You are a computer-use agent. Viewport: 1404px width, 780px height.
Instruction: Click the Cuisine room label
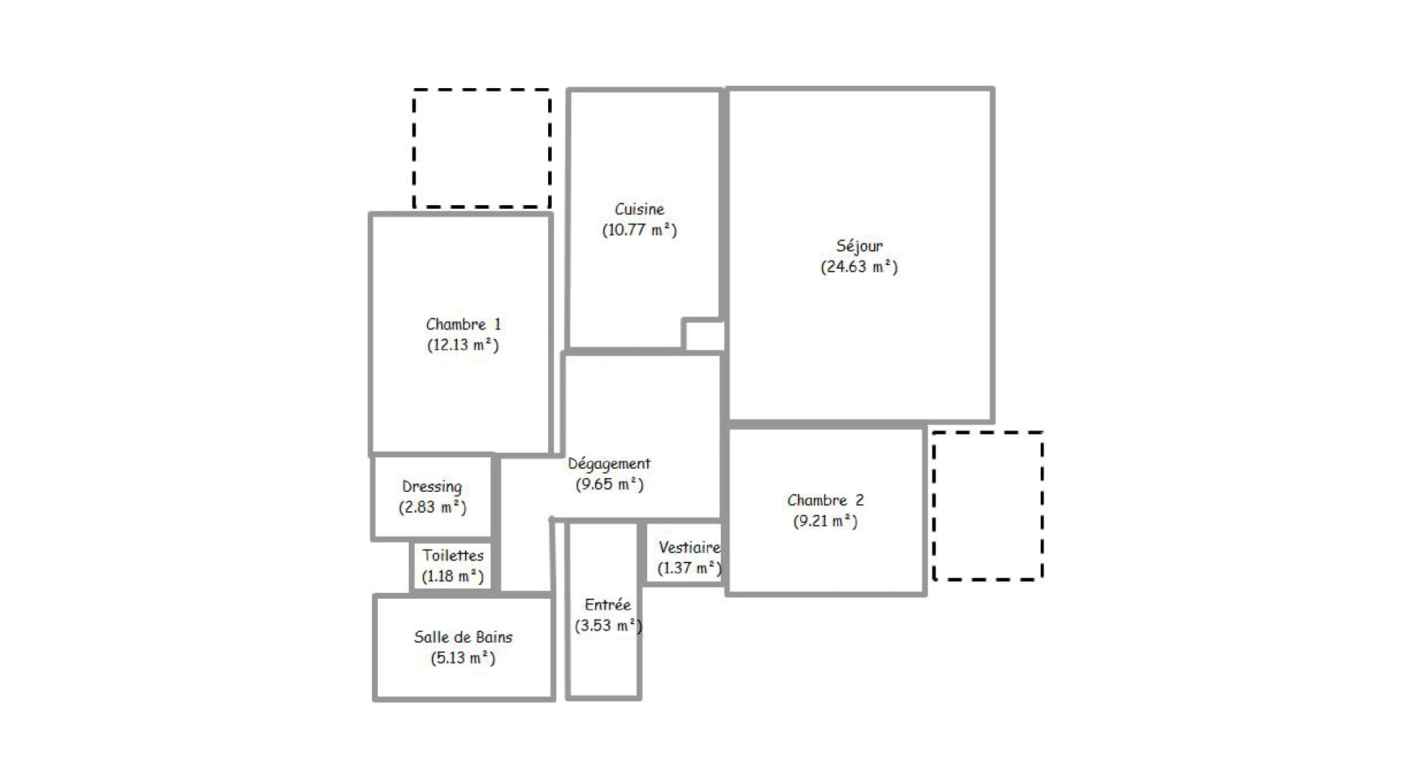[x=639, y=209]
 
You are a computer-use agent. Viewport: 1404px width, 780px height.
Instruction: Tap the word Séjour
[x=859, y=246]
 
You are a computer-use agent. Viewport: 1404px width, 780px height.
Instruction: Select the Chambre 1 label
[x=463, y=324]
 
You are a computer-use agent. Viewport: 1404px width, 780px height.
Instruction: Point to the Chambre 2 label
[x=825, y=500]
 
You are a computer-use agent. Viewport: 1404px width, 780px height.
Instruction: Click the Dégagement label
[x=609, y=464]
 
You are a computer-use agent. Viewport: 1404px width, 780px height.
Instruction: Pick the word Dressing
[x=432, y=487]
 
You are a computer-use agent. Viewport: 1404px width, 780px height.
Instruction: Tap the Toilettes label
[x=453, y=555]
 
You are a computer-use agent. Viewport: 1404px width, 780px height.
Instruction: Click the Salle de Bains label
[x=463, y=637]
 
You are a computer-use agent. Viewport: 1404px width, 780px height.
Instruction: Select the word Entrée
[x=607, y=604]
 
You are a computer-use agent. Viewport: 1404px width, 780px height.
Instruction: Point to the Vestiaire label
[x=689, y=547]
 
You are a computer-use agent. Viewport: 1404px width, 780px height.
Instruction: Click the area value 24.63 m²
[x=859, y=267]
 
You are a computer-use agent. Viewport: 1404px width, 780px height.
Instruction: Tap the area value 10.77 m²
[x=639, y=230]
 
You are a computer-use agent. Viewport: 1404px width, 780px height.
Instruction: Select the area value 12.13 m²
[x=463, y=345]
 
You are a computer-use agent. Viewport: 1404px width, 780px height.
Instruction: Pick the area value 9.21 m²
[x=825, y=521]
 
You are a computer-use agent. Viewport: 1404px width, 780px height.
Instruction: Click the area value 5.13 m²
[x=463, y=658]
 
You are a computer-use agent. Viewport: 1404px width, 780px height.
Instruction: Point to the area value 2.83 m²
[x=432, y=508]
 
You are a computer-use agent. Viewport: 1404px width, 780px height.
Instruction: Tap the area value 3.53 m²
[x=607, y=625]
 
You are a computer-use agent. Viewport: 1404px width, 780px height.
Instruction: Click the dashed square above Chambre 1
[x=482, y=149]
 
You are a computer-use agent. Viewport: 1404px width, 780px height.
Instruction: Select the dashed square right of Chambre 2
[x=987, y=506]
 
